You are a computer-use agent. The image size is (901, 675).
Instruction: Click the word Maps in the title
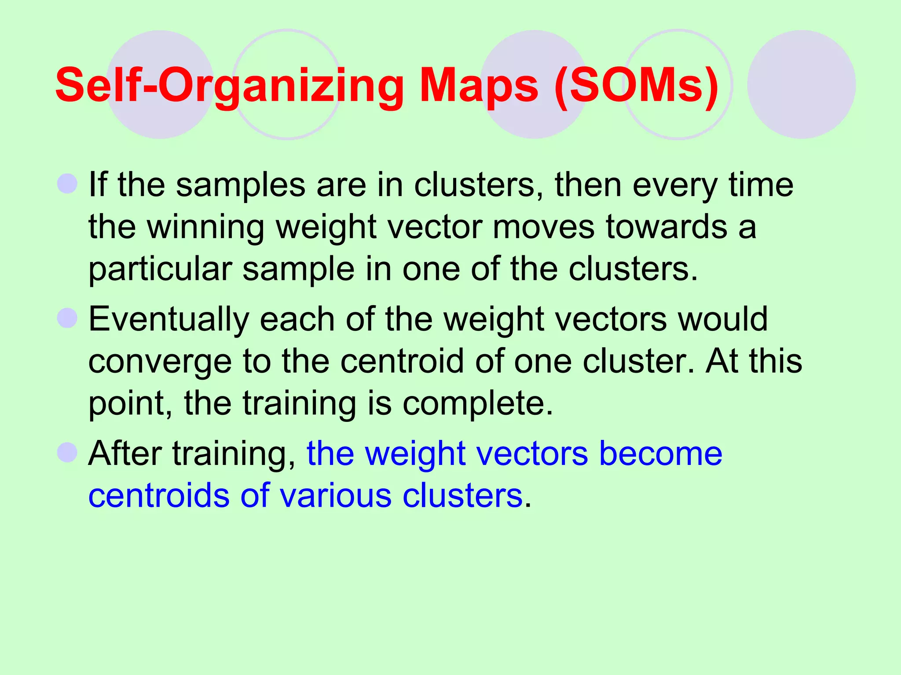479,86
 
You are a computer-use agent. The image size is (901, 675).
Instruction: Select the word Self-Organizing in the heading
229,86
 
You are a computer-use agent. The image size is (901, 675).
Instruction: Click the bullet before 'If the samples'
67,183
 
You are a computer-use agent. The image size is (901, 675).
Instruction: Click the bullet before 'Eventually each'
67,318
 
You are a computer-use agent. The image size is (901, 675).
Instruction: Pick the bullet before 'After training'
67,452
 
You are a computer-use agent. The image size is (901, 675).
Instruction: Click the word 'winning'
205,227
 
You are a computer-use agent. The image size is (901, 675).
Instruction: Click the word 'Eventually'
168,320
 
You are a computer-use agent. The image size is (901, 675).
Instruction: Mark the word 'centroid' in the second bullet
402,361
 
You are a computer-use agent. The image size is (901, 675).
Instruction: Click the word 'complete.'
477,403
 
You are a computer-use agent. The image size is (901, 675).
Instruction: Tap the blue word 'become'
660,454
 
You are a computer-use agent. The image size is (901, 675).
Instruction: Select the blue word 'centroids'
159,496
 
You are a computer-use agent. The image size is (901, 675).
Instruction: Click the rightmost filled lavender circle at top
801,84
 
